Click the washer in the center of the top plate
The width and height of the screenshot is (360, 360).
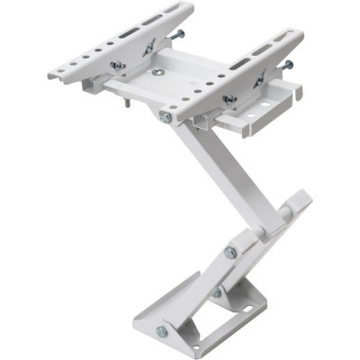pos(158,72)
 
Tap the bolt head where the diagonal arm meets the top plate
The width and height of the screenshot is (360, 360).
pos(166,117)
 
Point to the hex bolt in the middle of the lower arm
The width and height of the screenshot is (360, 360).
pos(231,253)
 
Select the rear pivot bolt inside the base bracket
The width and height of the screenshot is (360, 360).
pos(217,292)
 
